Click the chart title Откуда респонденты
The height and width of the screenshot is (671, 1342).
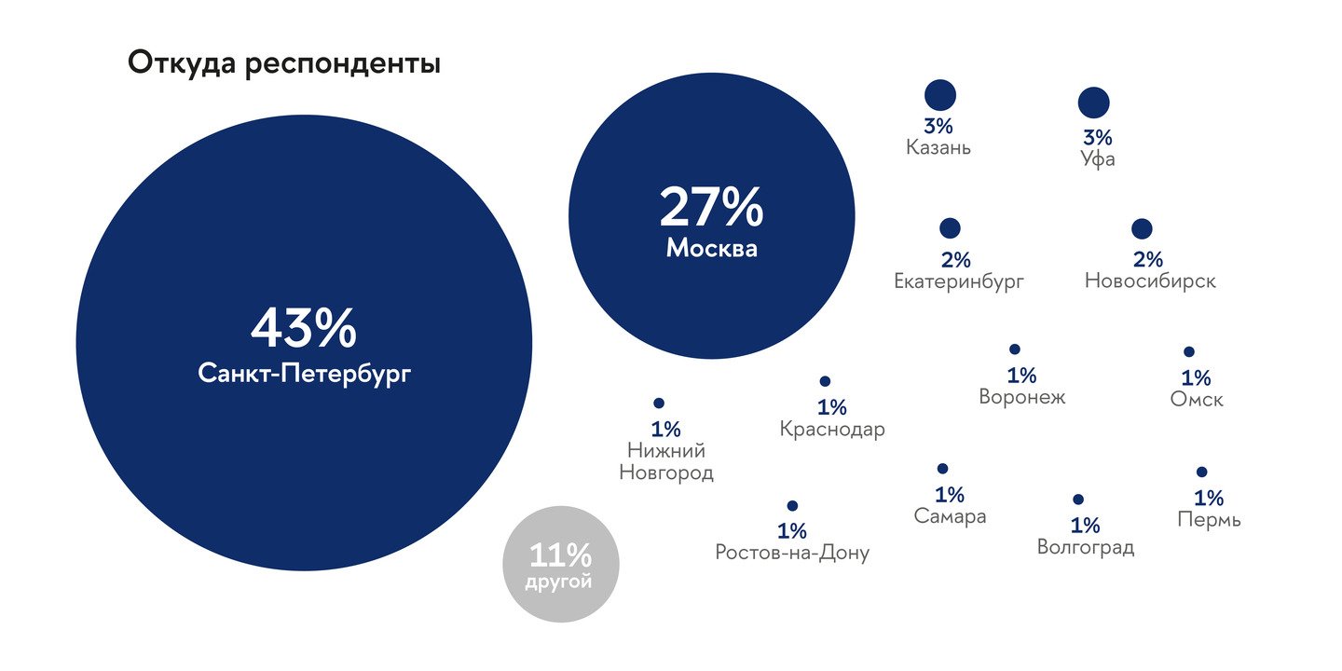coord(284,63)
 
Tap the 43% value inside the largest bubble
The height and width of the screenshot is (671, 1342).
coord(304,327)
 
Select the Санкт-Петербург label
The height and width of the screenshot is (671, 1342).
coord(305,374)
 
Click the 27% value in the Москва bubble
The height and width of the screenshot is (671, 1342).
coord(712,207)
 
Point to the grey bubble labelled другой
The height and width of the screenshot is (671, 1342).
coord(561,565)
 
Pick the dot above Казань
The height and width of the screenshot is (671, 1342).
coord(940,95)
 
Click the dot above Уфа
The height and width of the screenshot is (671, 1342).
coord(1094,103)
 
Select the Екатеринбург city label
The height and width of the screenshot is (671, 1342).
coord(959,281)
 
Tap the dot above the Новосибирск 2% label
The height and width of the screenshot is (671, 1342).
coord(1142,229)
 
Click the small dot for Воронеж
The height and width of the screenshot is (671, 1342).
coord(1014,349)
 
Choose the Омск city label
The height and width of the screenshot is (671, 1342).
coord(1197,400)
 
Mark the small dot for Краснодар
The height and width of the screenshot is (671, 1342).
coord(825,381)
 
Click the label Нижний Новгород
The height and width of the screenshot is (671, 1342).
coord(666,461)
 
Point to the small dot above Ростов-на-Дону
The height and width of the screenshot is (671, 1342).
coord(792,506)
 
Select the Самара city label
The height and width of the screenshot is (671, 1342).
coord(950,516)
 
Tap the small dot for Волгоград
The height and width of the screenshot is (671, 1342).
coord(1077,500)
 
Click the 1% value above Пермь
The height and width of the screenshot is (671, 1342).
coord(1209,498)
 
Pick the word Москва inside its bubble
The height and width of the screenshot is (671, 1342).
coord(712,248)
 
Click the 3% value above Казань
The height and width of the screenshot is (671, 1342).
coord(938,127)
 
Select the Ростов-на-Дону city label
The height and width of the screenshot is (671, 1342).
coord(792,553)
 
